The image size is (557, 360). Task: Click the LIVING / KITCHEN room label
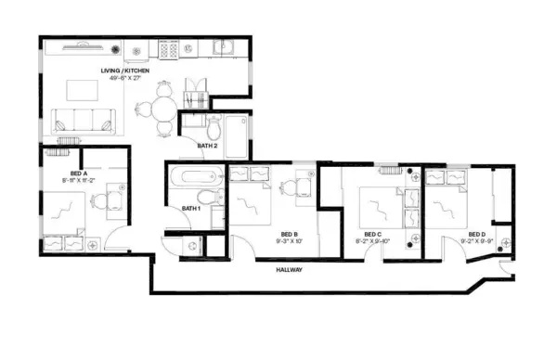pyautogui.click(x=126, y=71)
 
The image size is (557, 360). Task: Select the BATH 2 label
pyautogui.click(x=207, y=146)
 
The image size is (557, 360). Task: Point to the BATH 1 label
pyautogui.click(x=192, y=207)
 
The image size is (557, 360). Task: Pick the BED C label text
pyautogui.click(x=372, y=234)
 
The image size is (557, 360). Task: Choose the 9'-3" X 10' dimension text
pyautogui.click(x=288, y=241)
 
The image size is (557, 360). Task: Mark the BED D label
pyautogui.click(x=476, y=234)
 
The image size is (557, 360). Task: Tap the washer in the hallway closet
pyautogui.click(x=192, y=245)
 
